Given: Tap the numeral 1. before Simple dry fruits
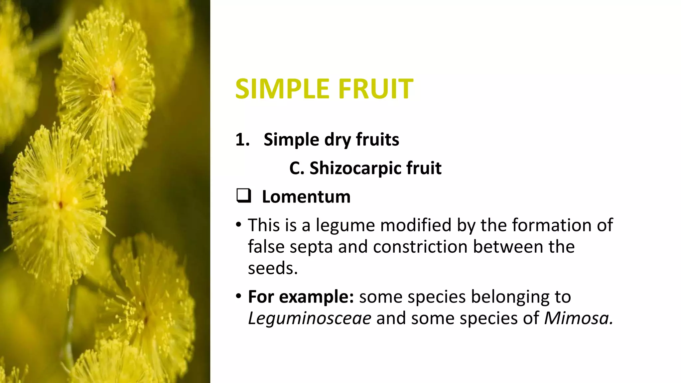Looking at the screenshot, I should (x=242, y=139).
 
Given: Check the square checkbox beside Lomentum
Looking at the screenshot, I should (x=244, y=196).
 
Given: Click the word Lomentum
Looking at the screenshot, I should (x=306, y=196).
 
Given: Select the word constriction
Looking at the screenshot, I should (x=420, y=247).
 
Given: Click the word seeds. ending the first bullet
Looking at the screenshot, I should (x=273, y=268).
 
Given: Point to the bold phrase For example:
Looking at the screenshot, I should (x=301, y=297).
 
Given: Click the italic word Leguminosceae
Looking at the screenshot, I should (x=310, y=318).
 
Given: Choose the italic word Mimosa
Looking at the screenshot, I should (x=578, y=318).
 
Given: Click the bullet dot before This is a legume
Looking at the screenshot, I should (x=238, y=225).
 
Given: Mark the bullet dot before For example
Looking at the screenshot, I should (x=238, y=296).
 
